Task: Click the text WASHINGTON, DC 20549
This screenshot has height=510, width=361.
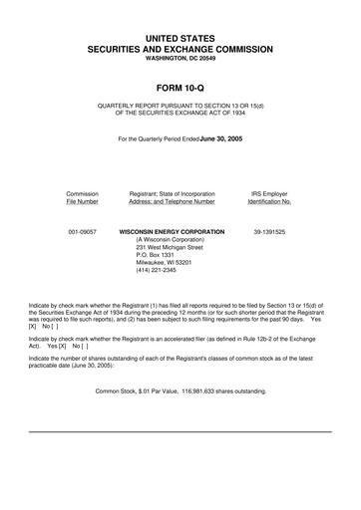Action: click(180, 57)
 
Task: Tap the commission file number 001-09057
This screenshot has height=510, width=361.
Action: click(82, 231)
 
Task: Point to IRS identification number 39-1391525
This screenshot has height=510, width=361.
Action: click(269, 231)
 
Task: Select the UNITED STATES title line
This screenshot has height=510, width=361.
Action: click(180, 35)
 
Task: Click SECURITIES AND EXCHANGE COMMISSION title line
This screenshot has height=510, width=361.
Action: click(180, 47)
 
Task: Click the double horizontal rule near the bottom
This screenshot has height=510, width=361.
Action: click(180, 431)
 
